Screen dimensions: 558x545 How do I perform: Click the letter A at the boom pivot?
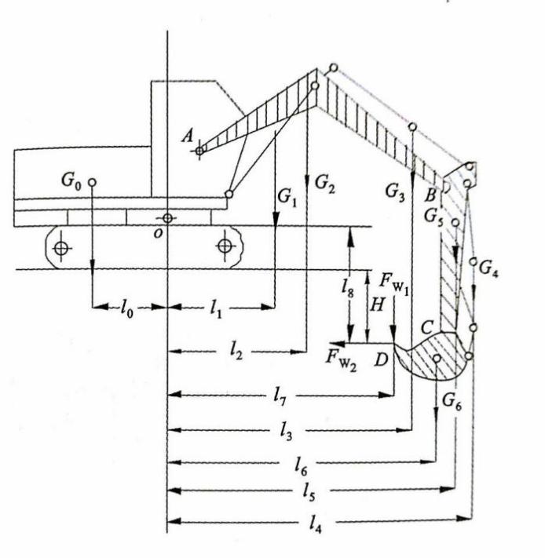tap(188, 137)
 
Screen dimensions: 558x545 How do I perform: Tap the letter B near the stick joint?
tap(431, 193)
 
